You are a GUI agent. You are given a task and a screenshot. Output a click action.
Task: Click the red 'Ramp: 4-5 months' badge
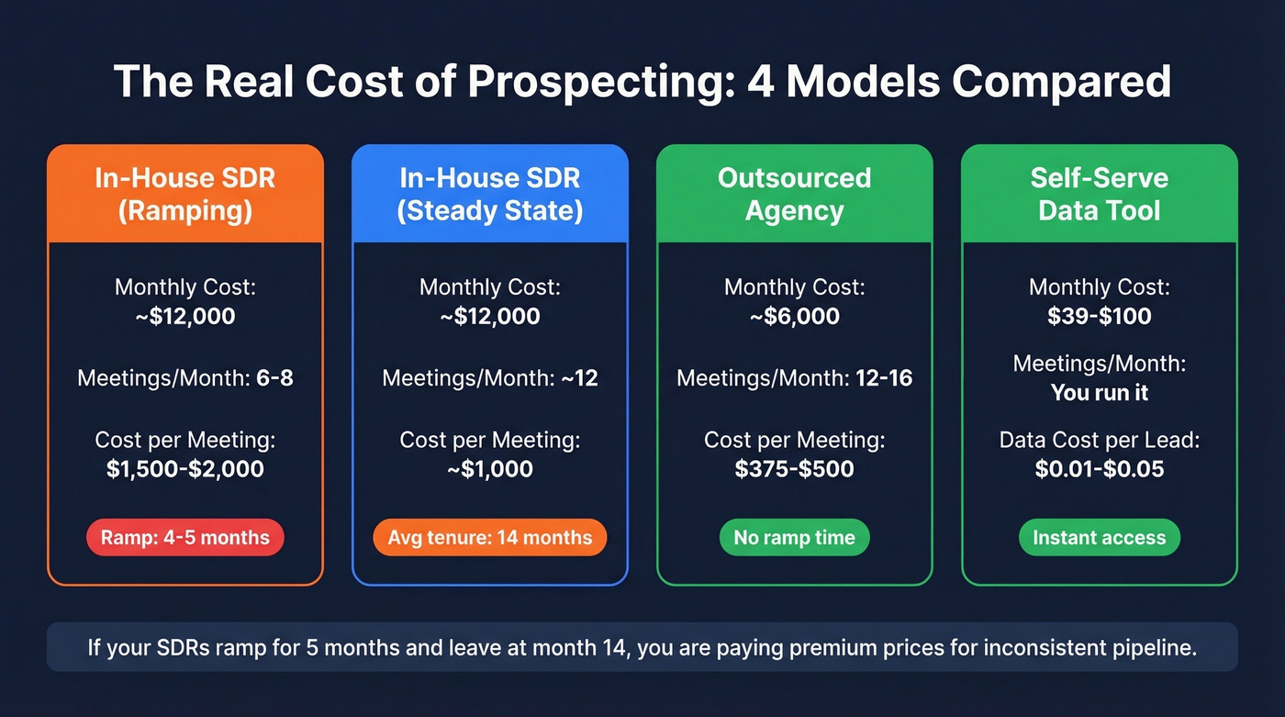click(x=184, y=537)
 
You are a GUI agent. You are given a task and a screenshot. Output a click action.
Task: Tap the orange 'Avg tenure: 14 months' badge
click(x=489, y=537)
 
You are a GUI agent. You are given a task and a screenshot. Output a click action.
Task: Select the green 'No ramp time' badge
click(x=794, y=537)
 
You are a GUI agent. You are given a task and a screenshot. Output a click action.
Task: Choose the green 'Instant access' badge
click(x=1099, y=537)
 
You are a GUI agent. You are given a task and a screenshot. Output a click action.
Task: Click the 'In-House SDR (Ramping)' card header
click(x=184, y=194)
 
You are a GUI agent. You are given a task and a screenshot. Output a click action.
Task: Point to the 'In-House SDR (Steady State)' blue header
click(x=489, y=194)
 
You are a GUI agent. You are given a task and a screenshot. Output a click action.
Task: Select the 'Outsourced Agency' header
click(x=794, y=194)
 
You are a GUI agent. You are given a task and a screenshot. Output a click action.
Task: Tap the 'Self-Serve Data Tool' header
click(x=1099, y=194)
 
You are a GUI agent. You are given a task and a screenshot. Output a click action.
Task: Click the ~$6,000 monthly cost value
click(x=794, y=317)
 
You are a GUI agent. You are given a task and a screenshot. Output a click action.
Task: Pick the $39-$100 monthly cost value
click(x=1099, y=317)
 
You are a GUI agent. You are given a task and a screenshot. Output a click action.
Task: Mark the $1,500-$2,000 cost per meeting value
click(x=184, y=469)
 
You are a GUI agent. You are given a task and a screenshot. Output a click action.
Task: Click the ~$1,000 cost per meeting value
click(x=489, y=469)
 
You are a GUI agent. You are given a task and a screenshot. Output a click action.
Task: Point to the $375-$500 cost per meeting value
click(x=794, y=469)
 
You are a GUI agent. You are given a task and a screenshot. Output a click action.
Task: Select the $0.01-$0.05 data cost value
click(x=1099, y=469)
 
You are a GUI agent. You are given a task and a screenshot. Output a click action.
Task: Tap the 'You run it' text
click(x=1099, y=393)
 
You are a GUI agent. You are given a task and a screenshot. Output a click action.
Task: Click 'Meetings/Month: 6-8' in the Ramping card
click(x=184, y=377)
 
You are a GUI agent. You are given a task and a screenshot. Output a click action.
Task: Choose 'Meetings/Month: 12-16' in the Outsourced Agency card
click(x=794, y=377)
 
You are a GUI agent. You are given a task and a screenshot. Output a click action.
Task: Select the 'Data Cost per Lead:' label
click(x=1099, y=440)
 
